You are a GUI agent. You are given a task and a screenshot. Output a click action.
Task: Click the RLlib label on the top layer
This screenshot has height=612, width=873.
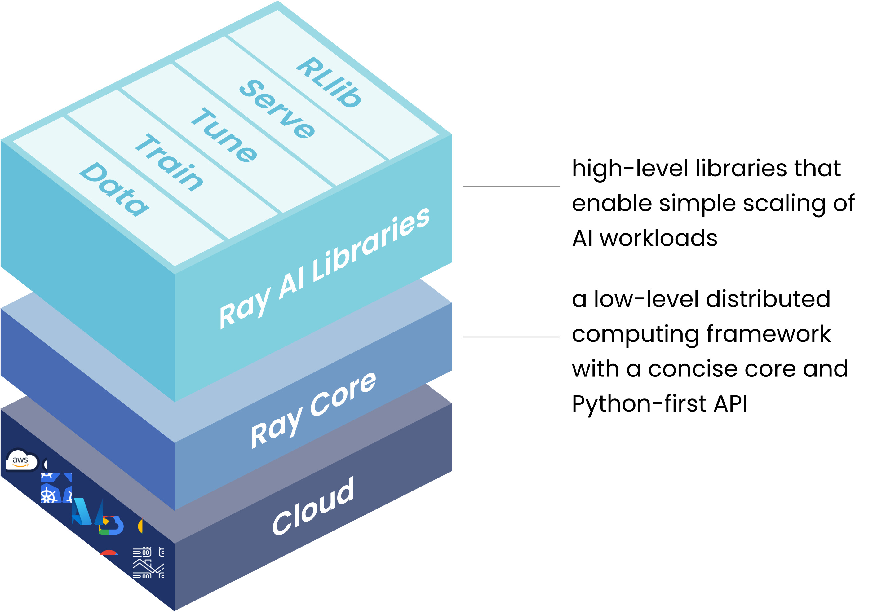click(329, 82)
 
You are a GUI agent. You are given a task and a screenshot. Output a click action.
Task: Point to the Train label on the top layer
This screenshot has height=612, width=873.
click(170, 162)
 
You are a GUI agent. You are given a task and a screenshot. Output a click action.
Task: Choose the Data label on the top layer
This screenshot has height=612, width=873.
click(114, 189)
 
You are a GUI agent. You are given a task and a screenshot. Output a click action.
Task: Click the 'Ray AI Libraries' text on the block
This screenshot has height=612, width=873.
click(324, 268)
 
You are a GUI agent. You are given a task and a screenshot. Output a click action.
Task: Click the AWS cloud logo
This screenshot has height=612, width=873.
click(21, 461)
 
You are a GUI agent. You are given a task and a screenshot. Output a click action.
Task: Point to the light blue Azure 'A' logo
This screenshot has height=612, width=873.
click(82, 512)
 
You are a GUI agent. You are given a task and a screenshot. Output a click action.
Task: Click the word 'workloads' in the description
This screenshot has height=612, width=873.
click(658, 238)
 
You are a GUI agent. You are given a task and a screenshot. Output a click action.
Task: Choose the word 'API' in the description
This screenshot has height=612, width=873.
click(730, 404)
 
